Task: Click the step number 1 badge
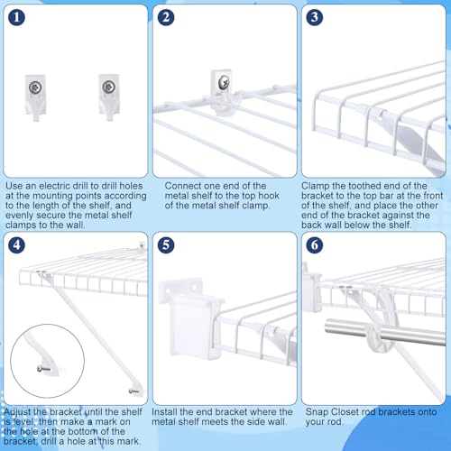click(x=16, y=17)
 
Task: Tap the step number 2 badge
click(x=166, y=17)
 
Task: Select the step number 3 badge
click(x=315, y=17)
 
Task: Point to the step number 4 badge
click(x=16, y=244)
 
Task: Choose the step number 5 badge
click(x=166, y=244)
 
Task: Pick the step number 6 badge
click(x=315, y=244)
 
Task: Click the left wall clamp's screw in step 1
click(x=35, y=87)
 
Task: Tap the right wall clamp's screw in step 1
click(x=108, y=87)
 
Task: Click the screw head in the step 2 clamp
click(x=224, y=82)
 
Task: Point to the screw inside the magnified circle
click(x=43, y=368)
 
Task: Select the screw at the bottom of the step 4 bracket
click(x=133, y=391)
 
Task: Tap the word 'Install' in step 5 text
click(x=164, y=412)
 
